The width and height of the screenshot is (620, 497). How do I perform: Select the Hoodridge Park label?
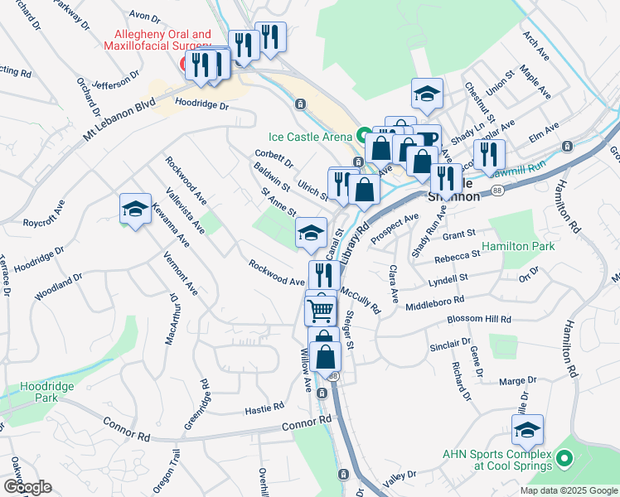[x=48, y=392]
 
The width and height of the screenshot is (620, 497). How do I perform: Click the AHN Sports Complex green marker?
[x=564, y=457]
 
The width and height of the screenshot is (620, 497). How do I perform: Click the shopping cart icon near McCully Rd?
[x=321, y=311]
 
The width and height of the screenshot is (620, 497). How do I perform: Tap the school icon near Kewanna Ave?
[x=135, y=209]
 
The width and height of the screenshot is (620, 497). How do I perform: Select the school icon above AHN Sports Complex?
[x=526, y=430]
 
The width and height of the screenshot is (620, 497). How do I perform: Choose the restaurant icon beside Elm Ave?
[x=489, y=154]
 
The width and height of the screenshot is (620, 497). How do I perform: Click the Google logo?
[x=27, y=487]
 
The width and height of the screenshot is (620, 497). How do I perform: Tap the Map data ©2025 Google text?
[x=568, y=490]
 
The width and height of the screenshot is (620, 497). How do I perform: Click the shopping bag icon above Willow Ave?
[x=326, y=356]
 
